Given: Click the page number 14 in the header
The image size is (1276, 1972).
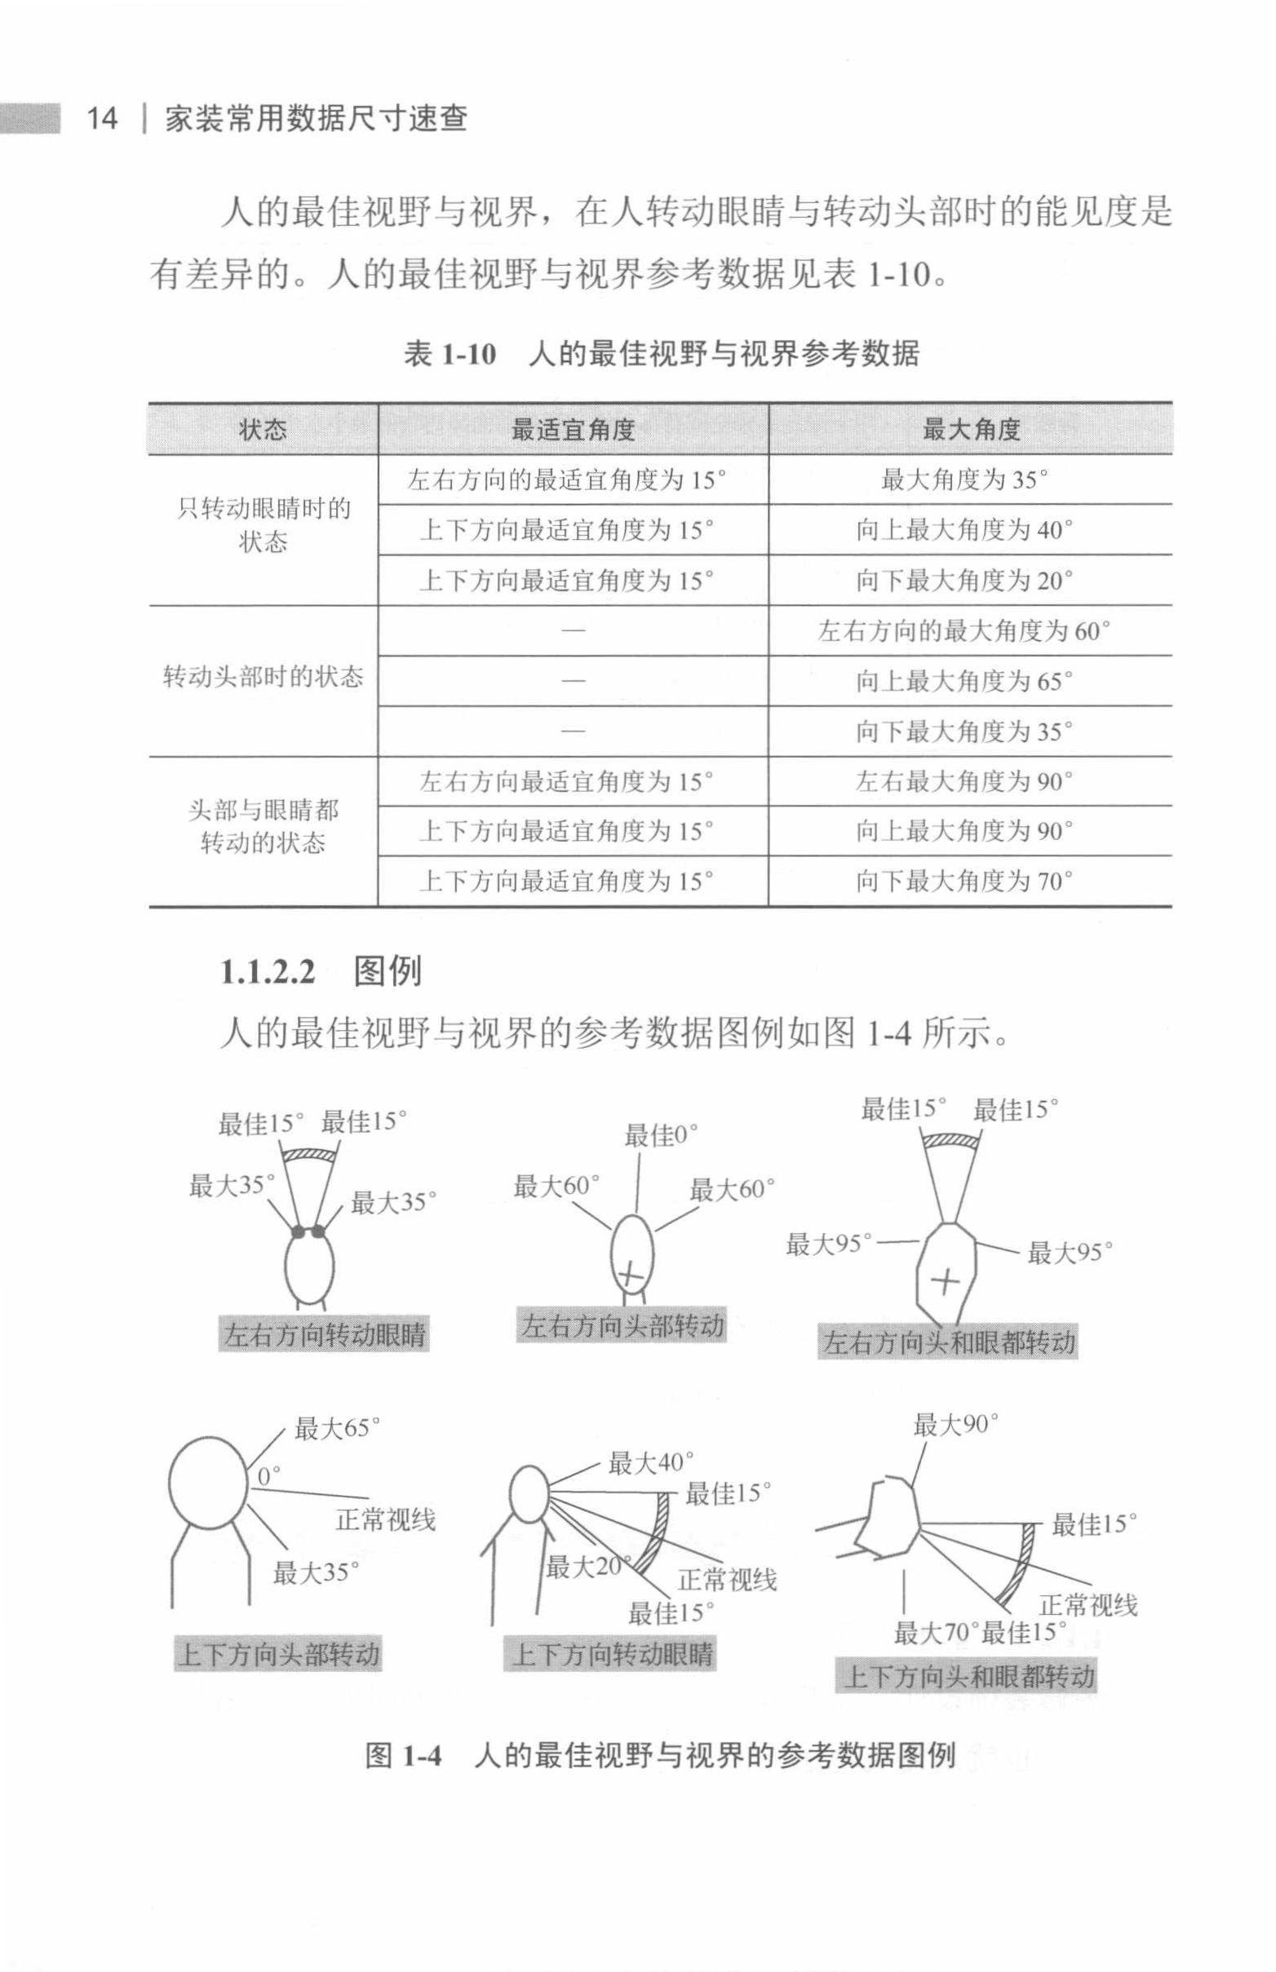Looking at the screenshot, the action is click(x=103, y=118).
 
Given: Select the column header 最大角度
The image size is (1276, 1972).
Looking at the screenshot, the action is click(x=971, y=429).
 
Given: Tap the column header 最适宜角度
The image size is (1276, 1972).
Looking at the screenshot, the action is click(x=574, y=429).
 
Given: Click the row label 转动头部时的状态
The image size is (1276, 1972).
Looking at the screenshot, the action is click(x=264, y=678).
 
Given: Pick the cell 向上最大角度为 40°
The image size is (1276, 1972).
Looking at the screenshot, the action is click(x=964, y=530).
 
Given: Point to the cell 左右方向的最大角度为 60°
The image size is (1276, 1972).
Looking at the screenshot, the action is click(x=964, y=631).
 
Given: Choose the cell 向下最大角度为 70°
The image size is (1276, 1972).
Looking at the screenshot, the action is click(x=964, y=882).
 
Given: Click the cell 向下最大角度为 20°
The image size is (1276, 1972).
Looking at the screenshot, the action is click(x=964, y=581).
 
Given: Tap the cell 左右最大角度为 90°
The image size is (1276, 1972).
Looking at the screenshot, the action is click(x=964, y=781).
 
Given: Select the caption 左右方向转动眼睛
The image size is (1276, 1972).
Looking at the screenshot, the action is click(x=325, y=1335).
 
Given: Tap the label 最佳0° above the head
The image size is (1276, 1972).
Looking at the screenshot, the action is click(x=661, y=1135).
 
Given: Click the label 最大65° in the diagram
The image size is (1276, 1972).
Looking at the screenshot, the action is click(x=338, y=1429).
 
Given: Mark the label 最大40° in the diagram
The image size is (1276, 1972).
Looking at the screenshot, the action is click(x=651, y=1462).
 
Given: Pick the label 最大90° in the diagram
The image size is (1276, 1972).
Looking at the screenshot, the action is click(x=956, y=1425).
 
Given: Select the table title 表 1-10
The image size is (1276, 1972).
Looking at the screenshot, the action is click(x=450, y=355).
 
